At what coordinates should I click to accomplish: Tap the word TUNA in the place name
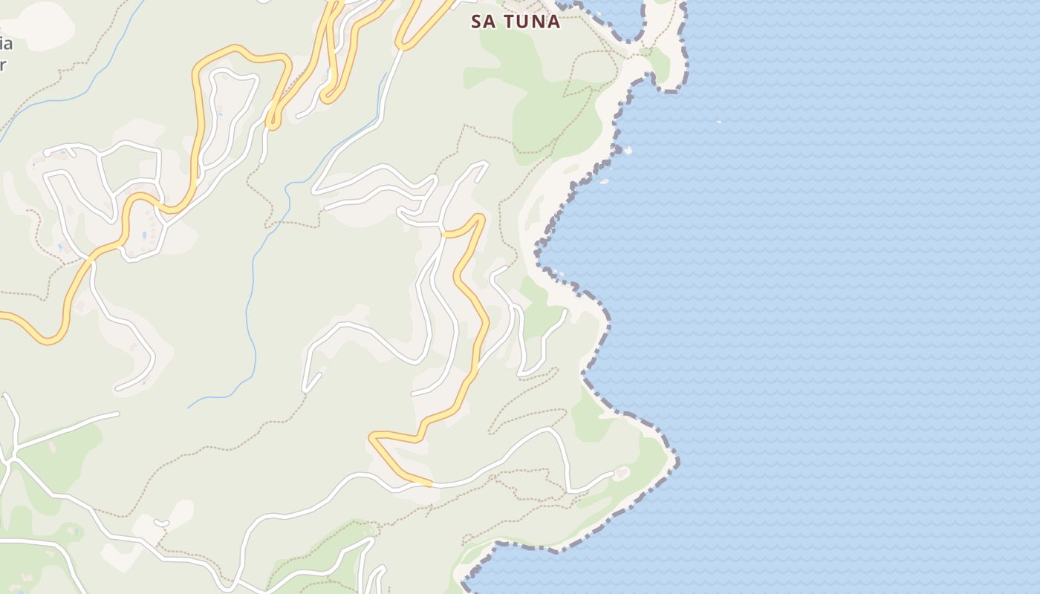tap(532, 22)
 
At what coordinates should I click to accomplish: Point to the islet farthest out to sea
tap(718, 121)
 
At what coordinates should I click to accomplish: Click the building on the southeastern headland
tap(620, 471)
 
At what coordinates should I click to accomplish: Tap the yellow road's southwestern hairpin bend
tap(374, 438)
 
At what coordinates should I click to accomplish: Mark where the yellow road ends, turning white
tap(432, 484)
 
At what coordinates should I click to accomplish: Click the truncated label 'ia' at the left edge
tap(6, 43)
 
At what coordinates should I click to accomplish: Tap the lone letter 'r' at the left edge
tap(3, 64)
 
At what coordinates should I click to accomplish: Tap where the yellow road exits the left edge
tap(2, 316)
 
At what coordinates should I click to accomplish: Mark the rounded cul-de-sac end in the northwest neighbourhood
tap(48, 153)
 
